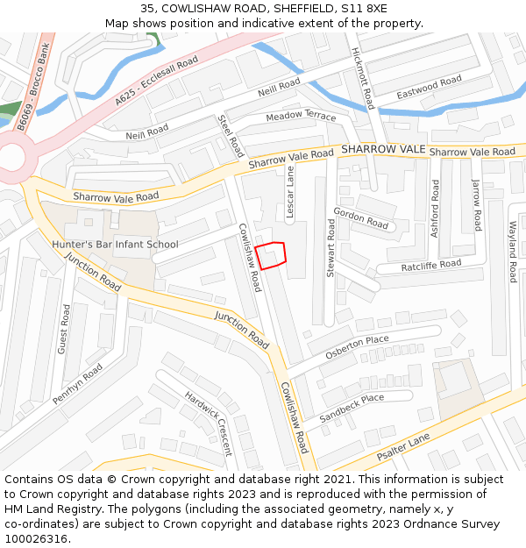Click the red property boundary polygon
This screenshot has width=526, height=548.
click(x=272, y=255)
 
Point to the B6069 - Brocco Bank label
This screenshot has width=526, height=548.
click(x=32, y=89)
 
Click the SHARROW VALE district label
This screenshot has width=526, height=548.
click(x=383, y=150)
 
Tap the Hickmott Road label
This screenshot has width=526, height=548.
click(x=363, y=79)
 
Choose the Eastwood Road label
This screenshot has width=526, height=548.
click(x=429, y=88)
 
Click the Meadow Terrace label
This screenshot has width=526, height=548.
click(x=301, y=116)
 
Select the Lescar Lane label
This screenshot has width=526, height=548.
click(x=290, y=193)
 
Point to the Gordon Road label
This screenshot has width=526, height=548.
click(x=360, y=218)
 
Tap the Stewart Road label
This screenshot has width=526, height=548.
click(x=331, y=248)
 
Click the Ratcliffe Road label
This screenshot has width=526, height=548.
click(x=430, y=266)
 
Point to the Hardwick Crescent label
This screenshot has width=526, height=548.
click(x=209, y=423)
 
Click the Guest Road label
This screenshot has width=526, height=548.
click(x=63, y=329)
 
